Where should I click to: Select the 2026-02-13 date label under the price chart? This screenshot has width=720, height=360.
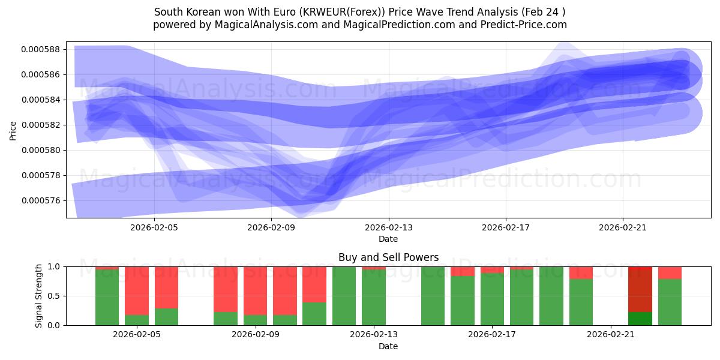pos(388,227)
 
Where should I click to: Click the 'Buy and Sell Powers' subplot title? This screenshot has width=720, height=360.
pos(388,257)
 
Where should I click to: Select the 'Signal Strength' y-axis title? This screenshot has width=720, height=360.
pos(38,295)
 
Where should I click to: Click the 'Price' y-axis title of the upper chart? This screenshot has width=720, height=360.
pos(13,130)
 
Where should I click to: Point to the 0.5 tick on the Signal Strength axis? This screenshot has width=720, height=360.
pos(54,296)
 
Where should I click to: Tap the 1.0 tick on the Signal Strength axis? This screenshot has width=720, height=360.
pos(54,266)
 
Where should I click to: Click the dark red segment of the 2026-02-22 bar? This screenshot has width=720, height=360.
pos(640,289)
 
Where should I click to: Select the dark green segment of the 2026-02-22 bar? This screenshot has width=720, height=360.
pos(640,319)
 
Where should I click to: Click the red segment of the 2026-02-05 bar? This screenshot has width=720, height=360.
pos(137,290)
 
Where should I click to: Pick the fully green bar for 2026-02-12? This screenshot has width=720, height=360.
pos(344,296)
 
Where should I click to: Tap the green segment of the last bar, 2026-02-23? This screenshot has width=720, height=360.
pos(670,302)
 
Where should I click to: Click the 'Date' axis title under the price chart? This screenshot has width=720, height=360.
pos(388,239)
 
